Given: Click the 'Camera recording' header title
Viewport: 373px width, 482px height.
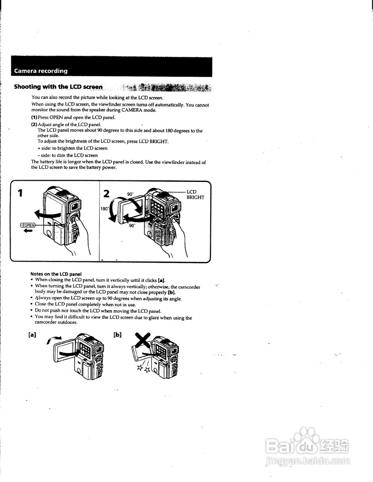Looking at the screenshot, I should [41, 71].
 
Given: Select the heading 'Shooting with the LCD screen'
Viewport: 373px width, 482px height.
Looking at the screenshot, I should [58, 87].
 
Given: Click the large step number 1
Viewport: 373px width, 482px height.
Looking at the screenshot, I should [20, 193].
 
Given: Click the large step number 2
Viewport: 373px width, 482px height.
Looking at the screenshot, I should [106, 194].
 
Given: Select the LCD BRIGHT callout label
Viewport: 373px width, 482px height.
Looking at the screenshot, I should [195, 195].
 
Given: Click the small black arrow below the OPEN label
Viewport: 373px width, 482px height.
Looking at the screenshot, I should [28, 231].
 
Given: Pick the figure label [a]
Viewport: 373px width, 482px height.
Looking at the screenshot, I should [32, 334].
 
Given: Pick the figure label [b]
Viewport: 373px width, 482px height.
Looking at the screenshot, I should [118, 334].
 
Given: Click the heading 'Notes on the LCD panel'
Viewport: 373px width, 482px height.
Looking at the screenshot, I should [56, 274].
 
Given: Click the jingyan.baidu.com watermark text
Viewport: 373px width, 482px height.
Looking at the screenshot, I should [308, 461].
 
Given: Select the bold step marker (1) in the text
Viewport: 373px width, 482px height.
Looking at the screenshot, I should [34, 117].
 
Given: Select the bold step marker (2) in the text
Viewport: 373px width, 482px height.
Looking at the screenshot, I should [34, 124].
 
